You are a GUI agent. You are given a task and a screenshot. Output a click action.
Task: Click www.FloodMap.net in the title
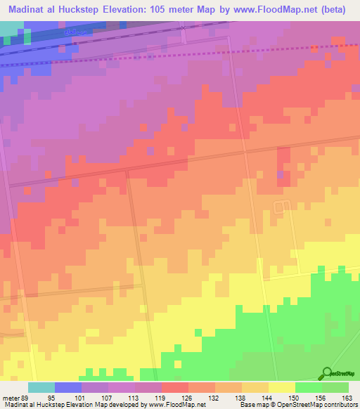click(281, 8)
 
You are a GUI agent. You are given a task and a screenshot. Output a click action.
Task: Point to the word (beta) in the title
click(337, 8)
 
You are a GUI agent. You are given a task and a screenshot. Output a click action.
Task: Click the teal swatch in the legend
click(41, 387)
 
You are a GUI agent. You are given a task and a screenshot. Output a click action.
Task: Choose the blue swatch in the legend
click(67, 387)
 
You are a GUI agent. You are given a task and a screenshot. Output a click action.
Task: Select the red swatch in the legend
click(174, 387)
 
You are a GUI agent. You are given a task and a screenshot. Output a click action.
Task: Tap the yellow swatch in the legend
click(281, 387)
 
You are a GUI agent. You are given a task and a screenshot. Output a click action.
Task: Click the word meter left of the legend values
click(10, 397)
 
